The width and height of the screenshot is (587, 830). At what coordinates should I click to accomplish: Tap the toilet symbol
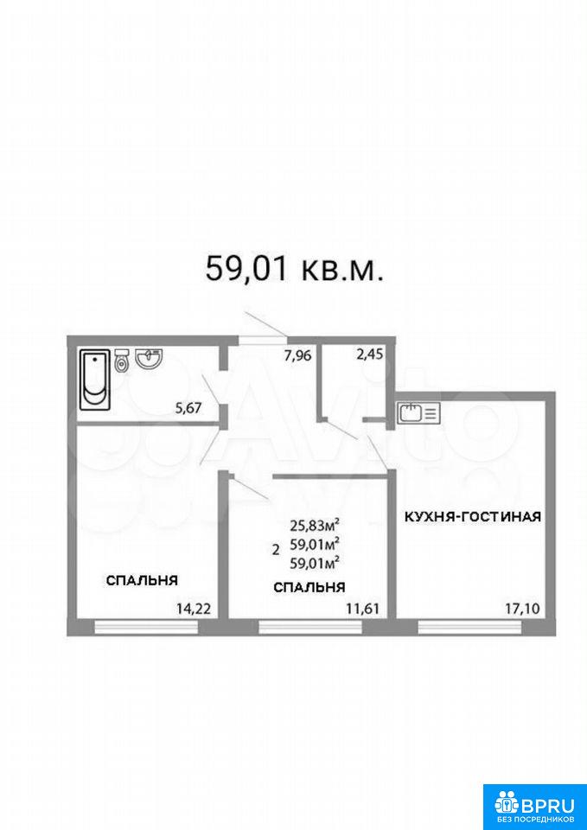[x=122, y=361]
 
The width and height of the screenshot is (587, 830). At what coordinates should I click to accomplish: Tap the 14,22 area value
[x=194, y=609]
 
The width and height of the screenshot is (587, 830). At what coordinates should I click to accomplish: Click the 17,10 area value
[x=522, y=609]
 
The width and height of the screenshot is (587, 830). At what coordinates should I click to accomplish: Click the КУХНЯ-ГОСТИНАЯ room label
[x=473, y=517]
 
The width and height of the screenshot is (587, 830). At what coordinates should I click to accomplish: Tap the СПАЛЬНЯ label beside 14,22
[x=142, y=580]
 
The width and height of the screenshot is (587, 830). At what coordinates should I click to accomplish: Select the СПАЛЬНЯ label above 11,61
[x=309, y=587]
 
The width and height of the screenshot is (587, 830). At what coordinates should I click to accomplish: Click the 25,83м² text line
[x=315, y=525]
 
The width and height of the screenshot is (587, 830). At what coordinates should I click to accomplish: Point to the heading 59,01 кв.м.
[x=293, y=268]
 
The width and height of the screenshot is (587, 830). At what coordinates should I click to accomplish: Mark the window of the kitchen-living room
[x=470, y=628]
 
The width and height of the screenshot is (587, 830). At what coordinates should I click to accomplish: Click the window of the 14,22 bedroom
[x=146, y=628]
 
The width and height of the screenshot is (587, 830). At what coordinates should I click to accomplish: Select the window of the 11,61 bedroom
[x=310, y=628]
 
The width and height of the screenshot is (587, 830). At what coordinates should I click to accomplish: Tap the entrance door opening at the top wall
[x=263, y=339]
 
